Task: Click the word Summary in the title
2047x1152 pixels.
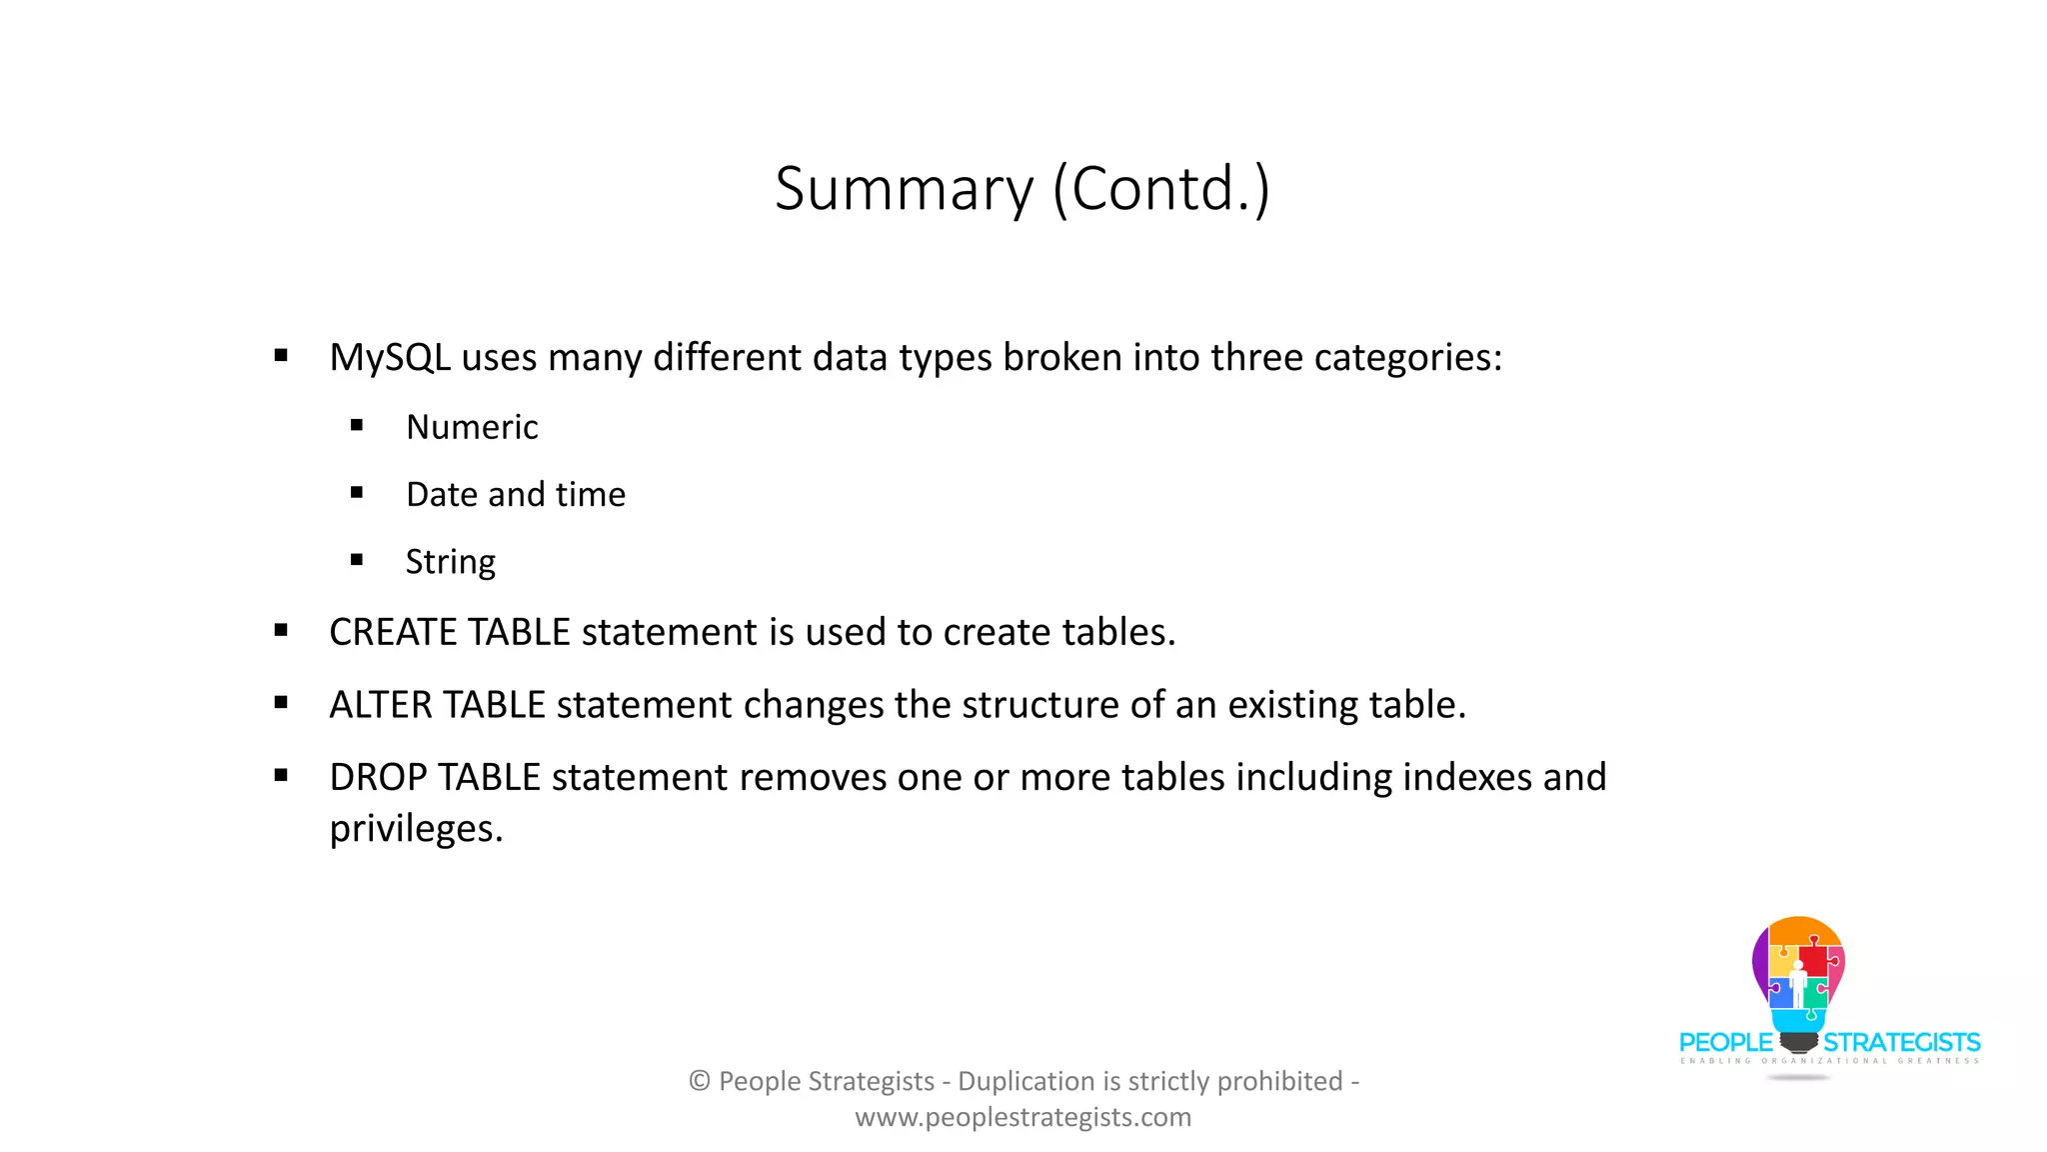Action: point(904,189)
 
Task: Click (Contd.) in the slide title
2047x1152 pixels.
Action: point(1160,189)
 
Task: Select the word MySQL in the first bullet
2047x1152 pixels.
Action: point(390,358)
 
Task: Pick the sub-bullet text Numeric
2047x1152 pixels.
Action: point(472,428)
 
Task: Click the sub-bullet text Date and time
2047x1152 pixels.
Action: point(516,495)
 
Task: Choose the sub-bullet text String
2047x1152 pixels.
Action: point(451,562)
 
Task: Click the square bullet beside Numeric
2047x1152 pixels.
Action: point(357,426)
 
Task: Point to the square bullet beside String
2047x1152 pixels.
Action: point(357,560)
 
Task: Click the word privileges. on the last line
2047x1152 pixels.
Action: point(416,830)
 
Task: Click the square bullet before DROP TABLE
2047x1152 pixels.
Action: point(281,775)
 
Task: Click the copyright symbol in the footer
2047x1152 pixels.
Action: point(700,1082)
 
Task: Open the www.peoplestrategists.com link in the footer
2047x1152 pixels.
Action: point(1023,1118)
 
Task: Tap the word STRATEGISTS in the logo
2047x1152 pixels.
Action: point(1902,1043)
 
